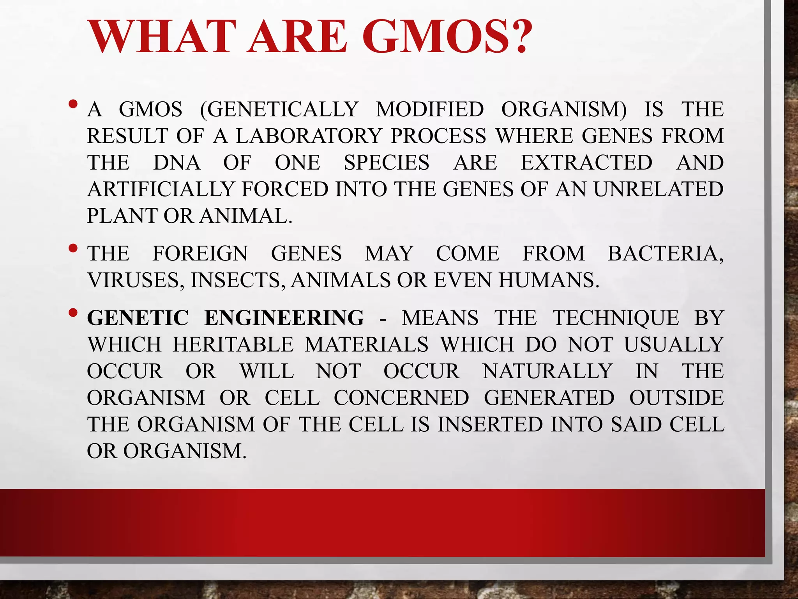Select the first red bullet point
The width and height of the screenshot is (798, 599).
[72, 105]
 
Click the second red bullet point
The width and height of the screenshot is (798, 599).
[72, 248]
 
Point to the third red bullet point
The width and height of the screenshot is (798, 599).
[72, 313]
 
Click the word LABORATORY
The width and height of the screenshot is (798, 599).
[309, 136]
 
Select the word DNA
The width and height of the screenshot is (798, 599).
[177, 163]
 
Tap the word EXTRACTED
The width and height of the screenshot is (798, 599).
[586, 163]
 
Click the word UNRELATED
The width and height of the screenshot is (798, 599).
[659, 189]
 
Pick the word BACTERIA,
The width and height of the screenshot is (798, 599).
[666, 253]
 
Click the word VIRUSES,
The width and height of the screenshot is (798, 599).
[136, 280]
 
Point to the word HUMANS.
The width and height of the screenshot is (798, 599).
[549, 280]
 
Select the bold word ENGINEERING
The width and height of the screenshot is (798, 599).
[284, 318]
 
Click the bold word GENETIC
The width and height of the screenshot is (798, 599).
[138, 318]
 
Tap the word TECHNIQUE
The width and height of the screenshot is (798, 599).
[616, 318]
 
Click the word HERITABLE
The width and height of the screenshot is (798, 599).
[233, 345]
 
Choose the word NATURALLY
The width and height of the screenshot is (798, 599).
[547, 371]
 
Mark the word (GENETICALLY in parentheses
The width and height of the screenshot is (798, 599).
[279, 110]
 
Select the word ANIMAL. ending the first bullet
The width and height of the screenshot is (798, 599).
[246, 216]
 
